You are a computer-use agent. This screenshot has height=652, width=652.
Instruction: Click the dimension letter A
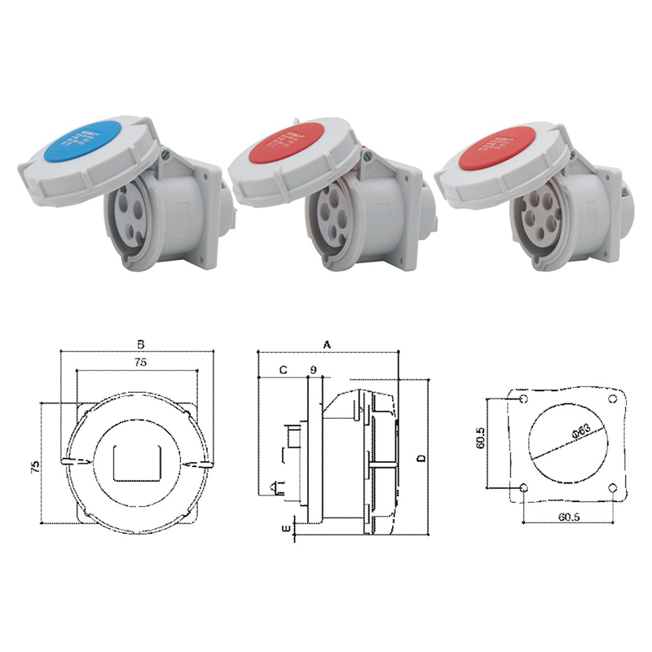[x=328, y=345]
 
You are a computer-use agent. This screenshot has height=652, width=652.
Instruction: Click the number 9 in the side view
[x=312, y=371]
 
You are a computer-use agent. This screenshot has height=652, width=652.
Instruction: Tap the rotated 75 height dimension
[x=35, y=466]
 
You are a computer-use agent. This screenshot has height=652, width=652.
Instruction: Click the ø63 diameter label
[x=582, y=434]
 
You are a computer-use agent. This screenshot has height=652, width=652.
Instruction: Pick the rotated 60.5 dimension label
[x=481, y=440]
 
